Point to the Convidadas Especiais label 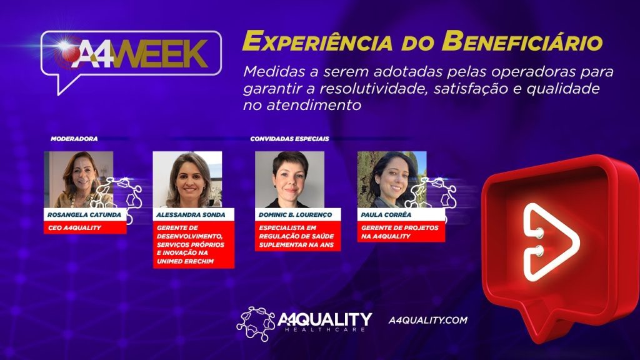(289, 138)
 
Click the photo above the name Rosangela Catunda (78, 179)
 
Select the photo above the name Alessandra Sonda (187, 179)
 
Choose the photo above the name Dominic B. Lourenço (289, 179)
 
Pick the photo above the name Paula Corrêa (392, 179)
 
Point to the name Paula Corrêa (381, 215)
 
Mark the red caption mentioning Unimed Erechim (194, 244)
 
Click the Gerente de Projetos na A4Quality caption (400, 232)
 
